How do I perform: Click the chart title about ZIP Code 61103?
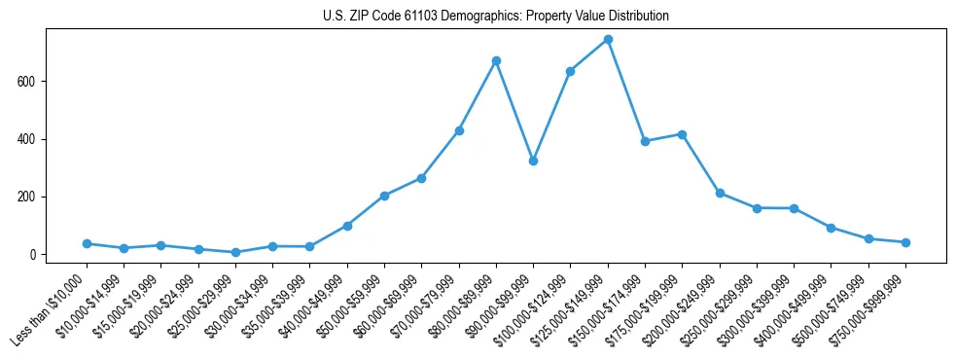[x=495, y=17]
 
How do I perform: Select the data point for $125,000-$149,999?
[x=608, y=39]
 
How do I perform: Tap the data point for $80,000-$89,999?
[x=496, y=60]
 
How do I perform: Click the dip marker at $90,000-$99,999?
[x=533, y=161]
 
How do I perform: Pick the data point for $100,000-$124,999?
[x=571, y=71]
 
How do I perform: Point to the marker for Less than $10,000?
[x=87, y=243]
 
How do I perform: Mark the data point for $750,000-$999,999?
[x=905, y=242]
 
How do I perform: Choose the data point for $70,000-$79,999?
[x=459, y=130]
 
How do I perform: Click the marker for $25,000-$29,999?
[x=235, y=252]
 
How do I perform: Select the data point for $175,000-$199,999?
[x=682, y=134]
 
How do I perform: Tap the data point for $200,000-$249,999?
[x=720, y=193]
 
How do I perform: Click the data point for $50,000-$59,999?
[x=384, y=196]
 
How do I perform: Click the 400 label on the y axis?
[x=28, y=139]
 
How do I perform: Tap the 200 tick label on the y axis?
[x=28, y=197]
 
